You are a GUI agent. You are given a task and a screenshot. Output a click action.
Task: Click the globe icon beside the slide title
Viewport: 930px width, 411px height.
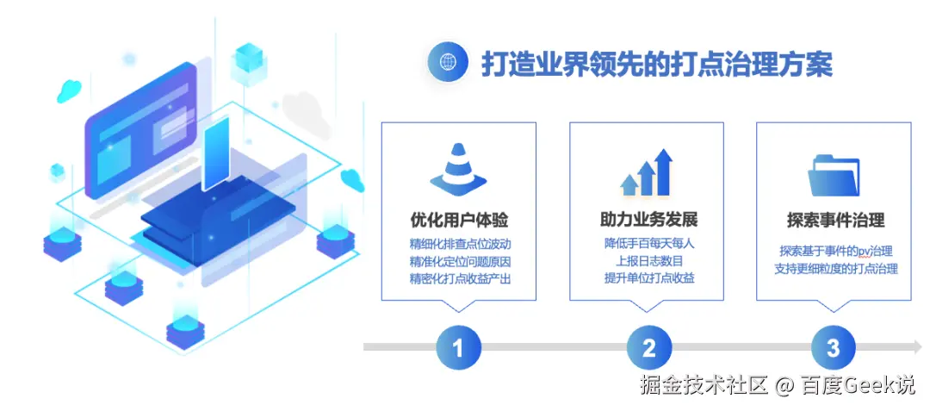tap(448, 63)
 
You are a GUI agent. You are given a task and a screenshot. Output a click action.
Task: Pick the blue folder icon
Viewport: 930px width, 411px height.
tap(834, 175)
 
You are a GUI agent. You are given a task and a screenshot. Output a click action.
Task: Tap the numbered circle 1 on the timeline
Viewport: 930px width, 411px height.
tap(458, 348)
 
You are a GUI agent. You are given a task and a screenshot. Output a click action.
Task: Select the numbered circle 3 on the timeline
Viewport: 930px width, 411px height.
tap(834, 348)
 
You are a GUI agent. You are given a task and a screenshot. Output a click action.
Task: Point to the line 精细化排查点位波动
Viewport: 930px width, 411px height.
tap(458, 243)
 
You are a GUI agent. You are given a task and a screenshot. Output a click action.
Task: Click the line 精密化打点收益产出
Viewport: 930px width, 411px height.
tap(458, 278)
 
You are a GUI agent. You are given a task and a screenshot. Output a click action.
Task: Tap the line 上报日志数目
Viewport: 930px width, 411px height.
tap(648, 260)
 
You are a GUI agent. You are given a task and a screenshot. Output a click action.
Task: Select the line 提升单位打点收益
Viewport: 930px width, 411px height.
tap(648, 278)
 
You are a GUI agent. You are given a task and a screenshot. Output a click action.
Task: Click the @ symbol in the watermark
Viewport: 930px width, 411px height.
tap(783, 385)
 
